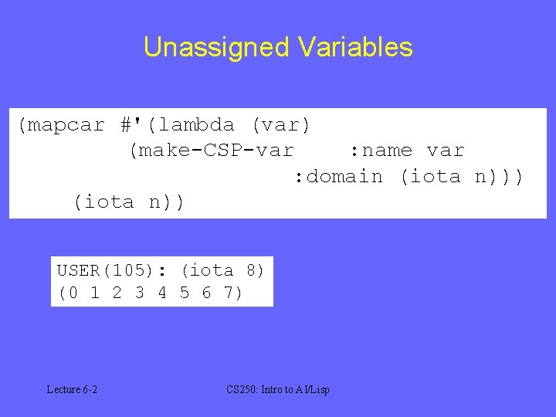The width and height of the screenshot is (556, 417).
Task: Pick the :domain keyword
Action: pos(338,177)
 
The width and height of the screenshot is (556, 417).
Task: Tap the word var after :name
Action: pos(446,151)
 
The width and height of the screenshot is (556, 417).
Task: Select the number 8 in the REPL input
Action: pos(250,270)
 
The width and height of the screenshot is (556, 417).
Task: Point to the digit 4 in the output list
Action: pos(161,293)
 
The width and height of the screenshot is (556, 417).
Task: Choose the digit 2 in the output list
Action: pos(117,293)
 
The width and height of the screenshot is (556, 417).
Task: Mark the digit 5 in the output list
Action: pos(184,293)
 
